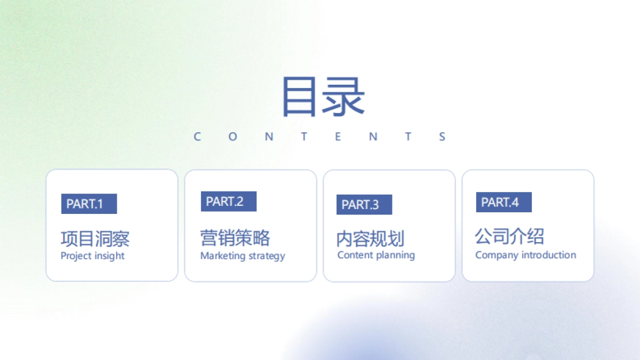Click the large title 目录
pos(323,97)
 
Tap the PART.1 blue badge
pos(89,204)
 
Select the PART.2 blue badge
pos(228,202)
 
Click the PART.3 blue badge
pos(364,205)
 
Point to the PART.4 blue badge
pos(503,202)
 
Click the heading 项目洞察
pos(95,238)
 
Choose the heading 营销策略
pos(235,238)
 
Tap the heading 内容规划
pos(370,238)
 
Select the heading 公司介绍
pos(509,236)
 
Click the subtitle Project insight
pos(92,256)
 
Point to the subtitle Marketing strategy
pos(243,256)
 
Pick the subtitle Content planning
pos(376,255)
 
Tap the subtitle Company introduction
pos(525,255)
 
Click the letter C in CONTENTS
pos(197,137)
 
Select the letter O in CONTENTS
pos(233,137)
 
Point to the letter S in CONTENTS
pos(442,137)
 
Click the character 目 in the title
pos(301,97)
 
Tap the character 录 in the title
pos(345,97)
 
